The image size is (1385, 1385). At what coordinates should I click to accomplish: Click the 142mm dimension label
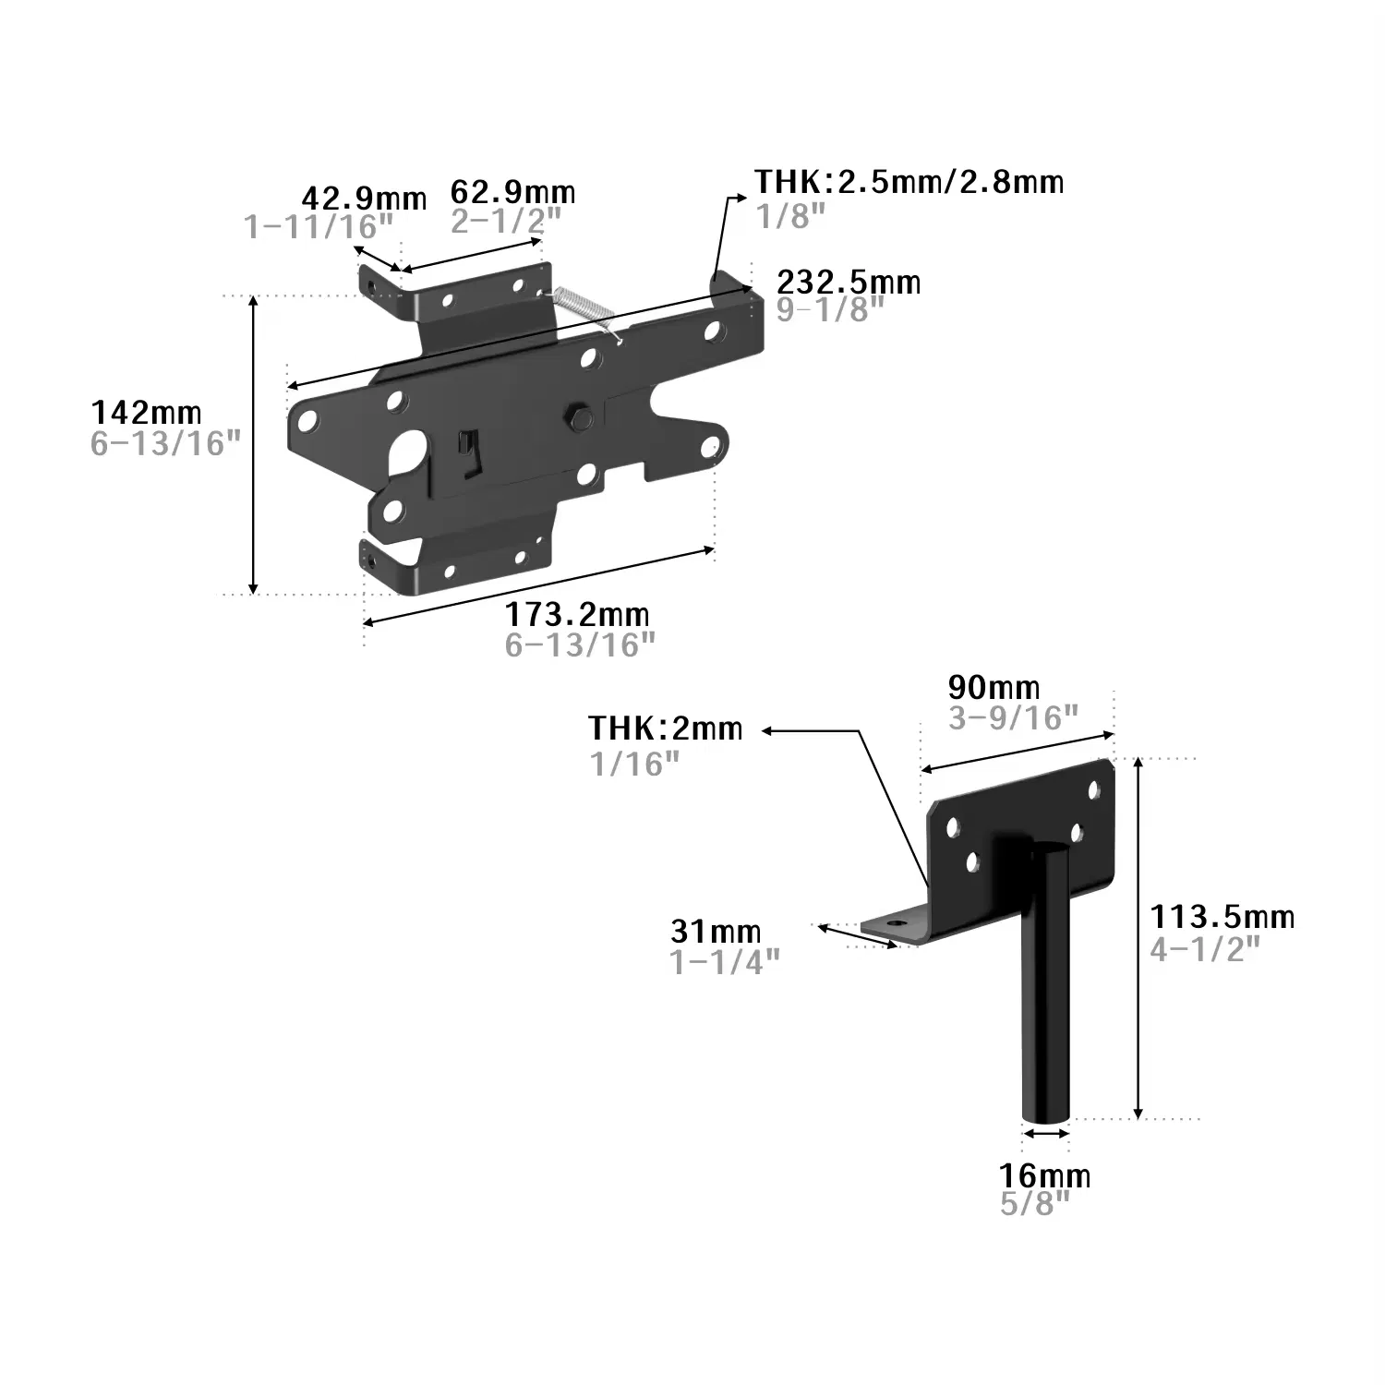point(146,412)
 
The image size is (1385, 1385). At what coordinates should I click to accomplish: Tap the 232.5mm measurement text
point(849,281)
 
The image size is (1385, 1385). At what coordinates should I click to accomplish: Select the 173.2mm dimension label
point(577,614)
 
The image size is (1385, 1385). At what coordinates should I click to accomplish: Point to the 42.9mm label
point(365,198)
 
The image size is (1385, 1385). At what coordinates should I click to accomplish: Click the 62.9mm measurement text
point(512,191)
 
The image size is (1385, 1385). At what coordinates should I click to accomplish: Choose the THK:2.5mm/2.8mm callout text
point(909,182)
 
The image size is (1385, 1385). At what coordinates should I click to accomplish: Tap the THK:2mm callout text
point(666,729)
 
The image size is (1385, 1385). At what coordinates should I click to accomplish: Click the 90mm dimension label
point(994,687)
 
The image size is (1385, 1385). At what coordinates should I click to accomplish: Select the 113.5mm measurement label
point(1222,916)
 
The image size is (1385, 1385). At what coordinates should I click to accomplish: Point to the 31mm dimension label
point(717,931)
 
